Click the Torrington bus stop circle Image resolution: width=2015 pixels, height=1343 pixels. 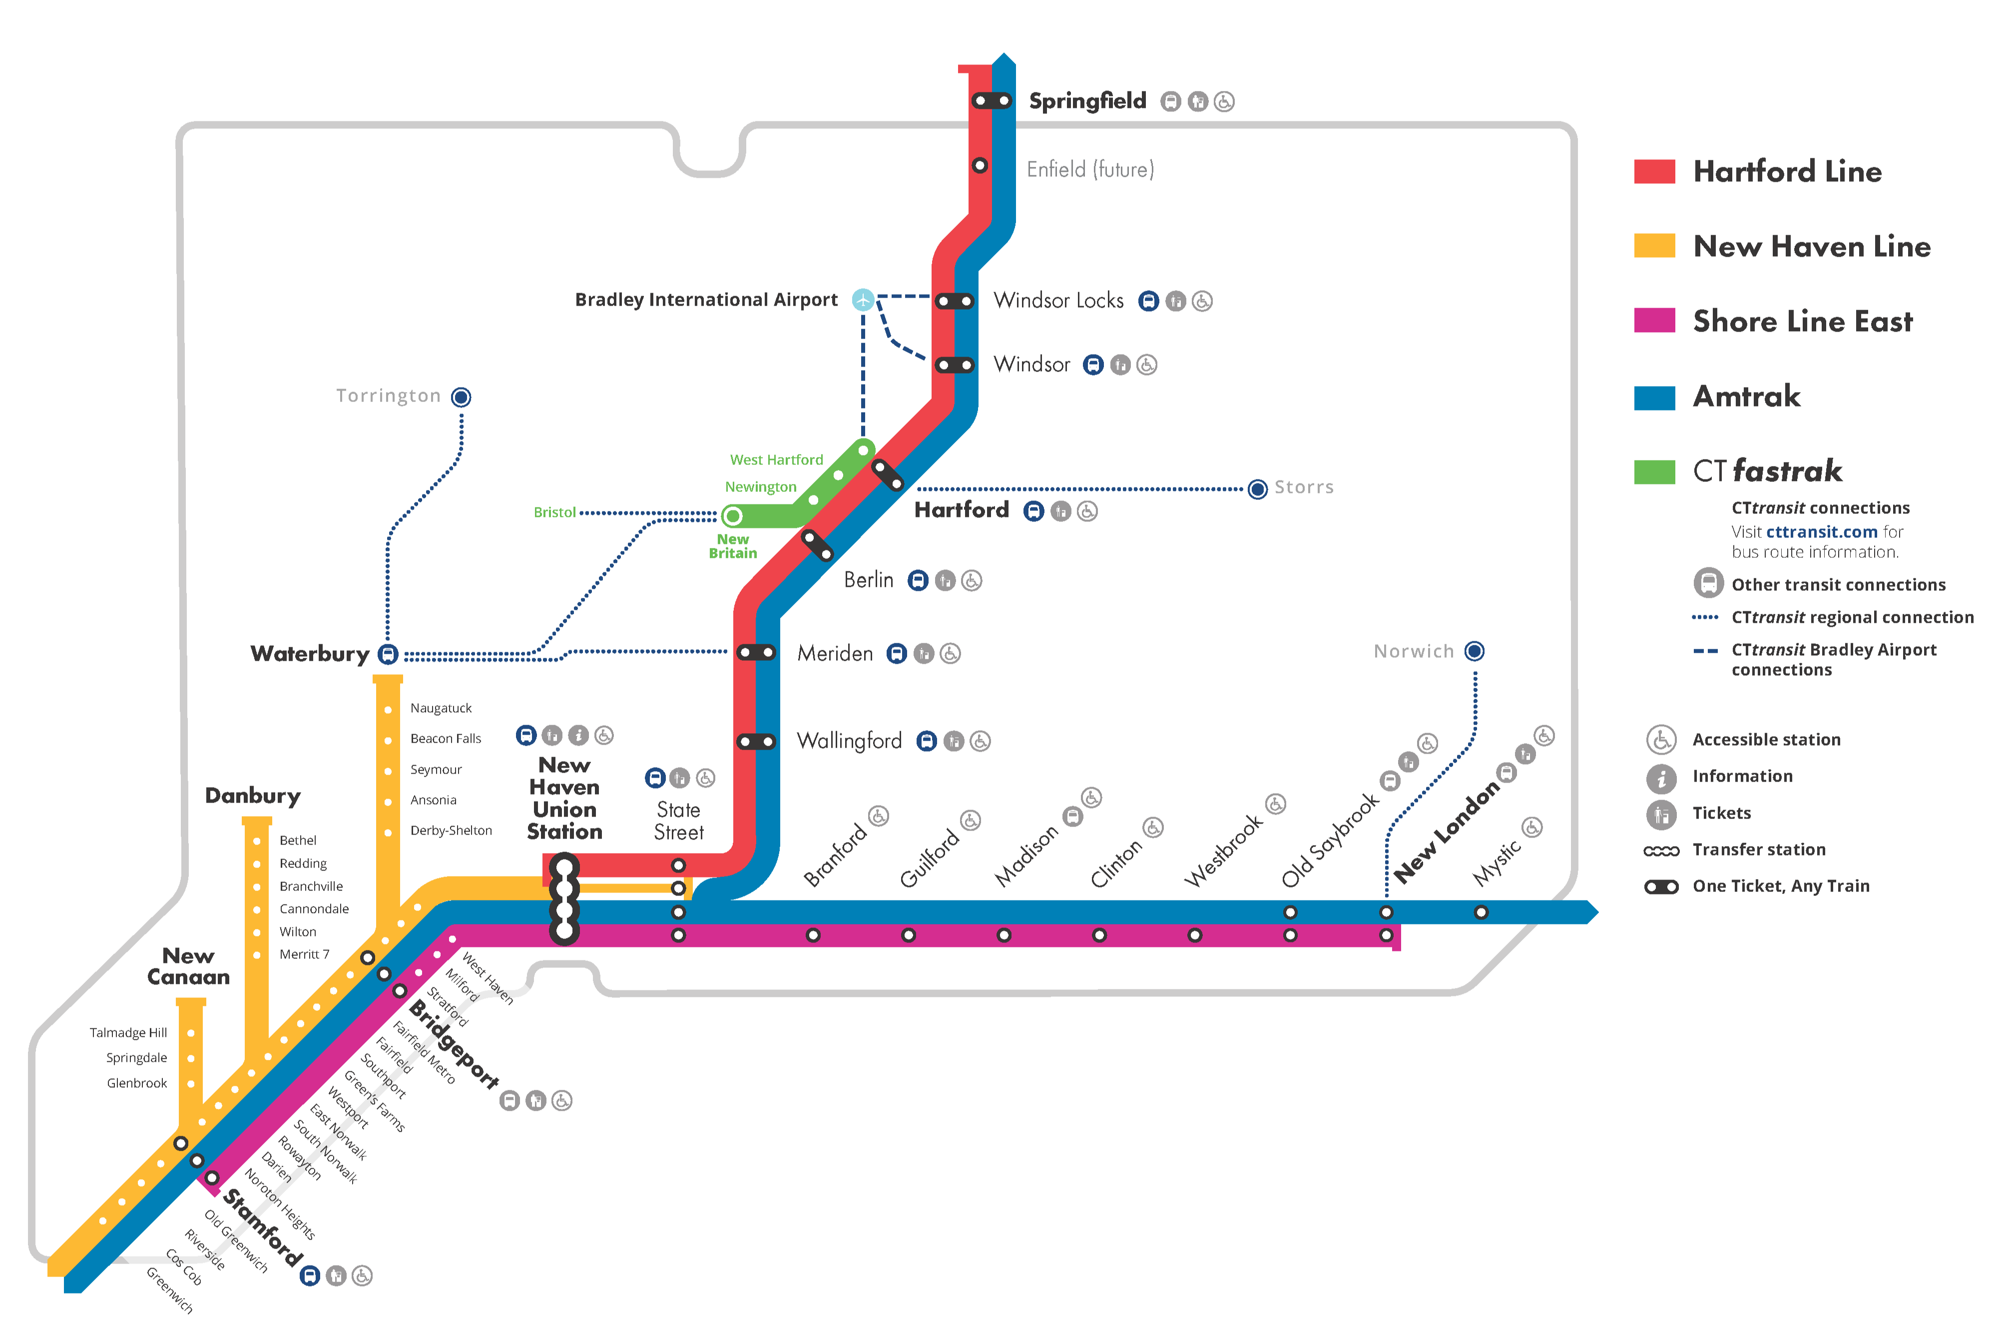tap(461, 397)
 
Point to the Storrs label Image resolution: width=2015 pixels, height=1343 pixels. tap(1303, 487)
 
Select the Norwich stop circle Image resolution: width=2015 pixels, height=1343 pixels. tap(1474, 651)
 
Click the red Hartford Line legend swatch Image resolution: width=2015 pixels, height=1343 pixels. tap(1654, 171)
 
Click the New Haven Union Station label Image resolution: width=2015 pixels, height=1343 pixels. tap(564, 798)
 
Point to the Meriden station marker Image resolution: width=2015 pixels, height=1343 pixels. tap(756, 653)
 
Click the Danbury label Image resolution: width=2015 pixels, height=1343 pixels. tap(253, 796)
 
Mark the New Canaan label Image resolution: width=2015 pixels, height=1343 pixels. tap(188, 966)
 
